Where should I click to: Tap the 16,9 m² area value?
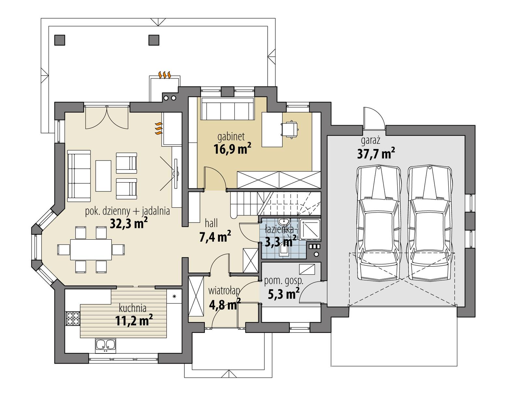tap(232, 149)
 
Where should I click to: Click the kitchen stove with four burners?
tap(73, 319)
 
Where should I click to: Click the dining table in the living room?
tap(91, 249)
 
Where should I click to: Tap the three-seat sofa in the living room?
tap(79, 176)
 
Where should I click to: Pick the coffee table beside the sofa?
tap(103, 175)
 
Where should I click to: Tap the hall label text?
tap(211, 223)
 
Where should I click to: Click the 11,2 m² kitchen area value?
tap(134, 320)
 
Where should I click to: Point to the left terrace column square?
tap(59, 40)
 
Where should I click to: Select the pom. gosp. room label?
tap(284, 281)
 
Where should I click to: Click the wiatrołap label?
tap(224, 290)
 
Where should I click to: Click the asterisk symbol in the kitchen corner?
tap(174, 296)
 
